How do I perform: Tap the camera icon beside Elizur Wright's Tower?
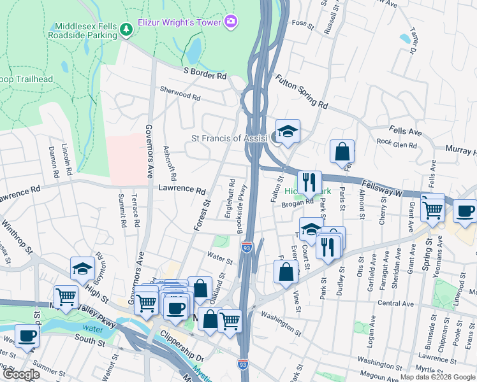coord(230,22)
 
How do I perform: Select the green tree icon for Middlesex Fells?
coord(126,28)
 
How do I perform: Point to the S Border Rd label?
coord(205,76)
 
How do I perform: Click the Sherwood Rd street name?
coord(180,94)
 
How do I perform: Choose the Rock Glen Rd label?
coord(396,145)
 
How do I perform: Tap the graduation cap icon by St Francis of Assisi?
coord(287,131)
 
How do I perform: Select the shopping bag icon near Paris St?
coord(342,152)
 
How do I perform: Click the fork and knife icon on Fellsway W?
coord(309,182)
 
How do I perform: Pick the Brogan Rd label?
coord(300,203)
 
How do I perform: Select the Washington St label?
coord(280,322)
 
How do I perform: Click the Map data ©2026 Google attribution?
coord(437,376)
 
